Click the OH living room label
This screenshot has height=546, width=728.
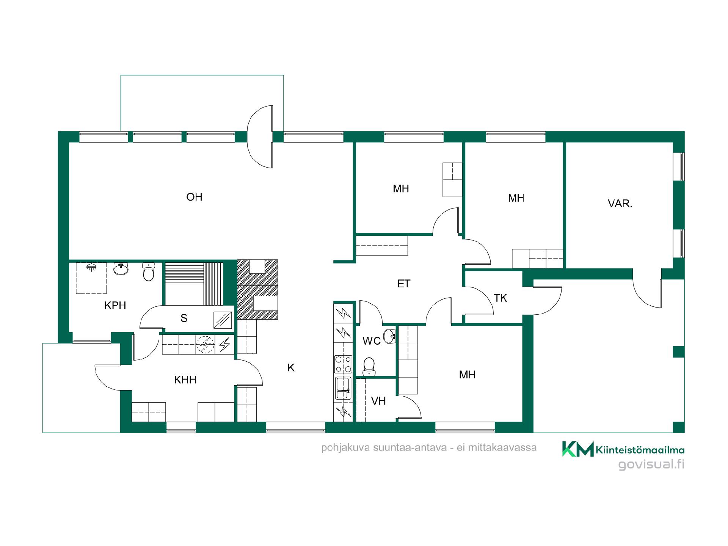pos(194,197)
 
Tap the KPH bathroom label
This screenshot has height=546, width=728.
pos(115,305)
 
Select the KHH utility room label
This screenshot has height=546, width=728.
pos(185,380)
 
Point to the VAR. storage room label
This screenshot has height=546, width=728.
pos(620,204)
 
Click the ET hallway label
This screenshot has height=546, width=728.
pos(404,283)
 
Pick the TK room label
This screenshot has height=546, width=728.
pos(500,298)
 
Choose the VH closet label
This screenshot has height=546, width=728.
pos(378,401)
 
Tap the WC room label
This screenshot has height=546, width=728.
pos(372,341)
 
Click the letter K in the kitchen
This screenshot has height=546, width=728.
pos(291,367)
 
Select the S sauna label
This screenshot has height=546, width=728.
pos(184,318)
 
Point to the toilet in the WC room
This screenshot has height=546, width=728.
pos(369,367)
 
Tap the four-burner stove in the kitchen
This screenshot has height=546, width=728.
pos(343,364)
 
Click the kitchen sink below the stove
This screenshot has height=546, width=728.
pos(343,388)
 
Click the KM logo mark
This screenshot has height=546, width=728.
pos(577,449)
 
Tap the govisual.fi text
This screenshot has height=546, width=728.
pos(651,464)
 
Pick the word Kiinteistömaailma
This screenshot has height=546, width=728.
pos(640,450)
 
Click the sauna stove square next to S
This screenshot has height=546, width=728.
pos(222,320)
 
